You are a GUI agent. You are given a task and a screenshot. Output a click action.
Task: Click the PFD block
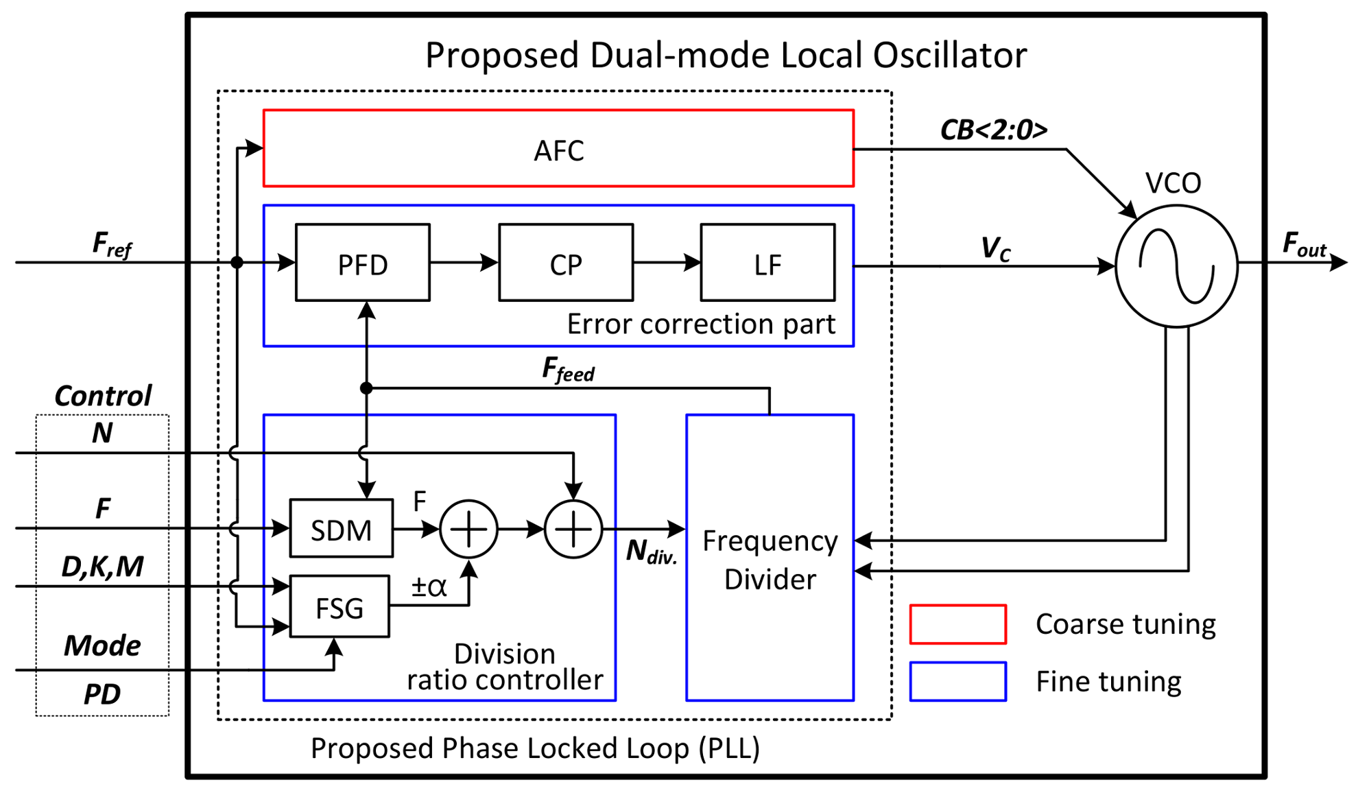[362, 263]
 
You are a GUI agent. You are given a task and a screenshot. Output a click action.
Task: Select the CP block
[565, 263]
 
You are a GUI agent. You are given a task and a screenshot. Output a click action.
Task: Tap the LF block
[767, 263]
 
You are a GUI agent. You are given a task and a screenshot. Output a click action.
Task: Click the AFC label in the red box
[558, 150]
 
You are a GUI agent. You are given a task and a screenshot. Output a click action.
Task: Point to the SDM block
[341, 529]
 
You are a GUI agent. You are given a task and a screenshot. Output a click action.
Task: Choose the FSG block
[339, 607]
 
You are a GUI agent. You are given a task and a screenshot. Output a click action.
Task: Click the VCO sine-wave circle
[1176, 265]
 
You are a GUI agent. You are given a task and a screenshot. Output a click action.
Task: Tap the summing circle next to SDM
[468, 529]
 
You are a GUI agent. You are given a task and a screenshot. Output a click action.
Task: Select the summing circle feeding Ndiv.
[573, 529]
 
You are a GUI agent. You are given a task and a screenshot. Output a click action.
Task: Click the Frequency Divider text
[770, 560]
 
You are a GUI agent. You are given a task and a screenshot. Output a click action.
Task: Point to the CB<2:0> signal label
[993, 130]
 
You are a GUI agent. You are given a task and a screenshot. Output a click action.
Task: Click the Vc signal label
[995, 248]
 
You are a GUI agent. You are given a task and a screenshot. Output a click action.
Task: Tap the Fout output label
[1304, 244]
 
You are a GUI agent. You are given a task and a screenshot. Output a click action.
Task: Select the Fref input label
[111, 244]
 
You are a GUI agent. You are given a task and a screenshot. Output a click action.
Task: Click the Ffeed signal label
[568, 370]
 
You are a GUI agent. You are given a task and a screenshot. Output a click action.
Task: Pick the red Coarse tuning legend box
[957, 624]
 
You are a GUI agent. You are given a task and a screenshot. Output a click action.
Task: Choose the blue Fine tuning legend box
[957, 681]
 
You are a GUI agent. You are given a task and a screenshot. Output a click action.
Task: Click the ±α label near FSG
[429, 587]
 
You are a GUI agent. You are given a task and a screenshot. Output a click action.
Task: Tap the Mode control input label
[102, 645]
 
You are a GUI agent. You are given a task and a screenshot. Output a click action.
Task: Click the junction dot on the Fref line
[237, 262]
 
